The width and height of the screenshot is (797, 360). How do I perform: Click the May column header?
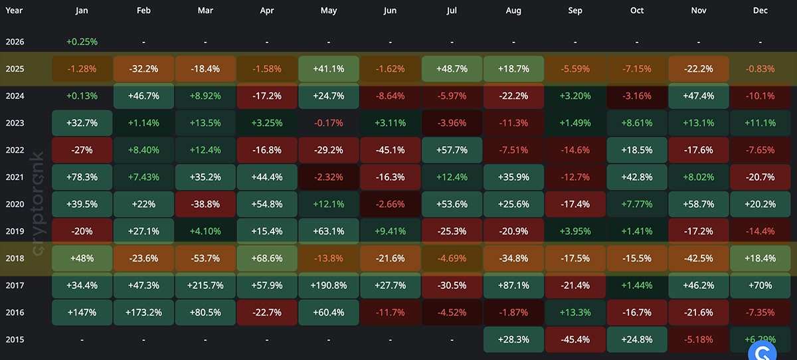coord(329,11)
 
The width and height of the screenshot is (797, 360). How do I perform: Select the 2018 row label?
coord(15,258)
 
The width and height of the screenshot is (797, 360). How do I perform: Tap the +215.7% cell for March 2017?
coord(205,286)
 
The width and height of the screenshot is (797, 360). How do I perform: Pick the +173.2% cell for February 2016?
coord(143,312)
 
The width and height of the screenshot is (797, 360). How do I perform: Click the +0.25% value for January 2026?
coord(82,42)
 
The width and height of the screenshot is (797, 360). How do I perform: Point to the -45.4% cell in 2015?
coord(575,339)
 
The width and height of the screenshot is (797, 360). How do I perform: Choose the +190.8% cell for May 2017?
coord(329,286)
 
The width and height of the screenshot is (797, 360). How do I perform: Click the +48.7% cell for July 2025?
coord(452,68)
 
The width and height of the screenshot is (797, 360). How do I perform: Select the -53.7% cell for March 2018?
coord(205,258)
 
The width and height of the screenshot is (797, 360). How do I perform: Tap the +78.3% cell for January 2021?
coord(82,177)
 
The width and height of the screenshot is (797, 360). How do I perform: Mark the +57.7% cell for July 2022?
coord(452,150)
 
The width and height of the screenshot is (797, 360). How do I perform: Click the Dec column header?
coord(760,11)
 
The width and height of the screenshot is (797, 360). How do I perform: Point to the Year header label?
coord(14,11)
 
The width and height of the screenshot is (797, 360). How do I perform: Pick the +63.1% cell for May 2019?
coord(329,231)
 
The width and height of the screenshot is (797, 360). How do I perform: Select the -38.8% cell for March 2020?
coord(205,204)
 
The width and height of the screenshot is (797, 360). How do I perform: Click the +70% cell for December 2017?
coord(760,286)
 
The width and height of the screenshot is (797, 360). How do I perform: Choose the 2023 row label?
coord(15,123)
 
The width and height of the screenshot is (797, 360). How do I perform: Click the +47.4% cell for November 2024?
coord(699,96)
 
